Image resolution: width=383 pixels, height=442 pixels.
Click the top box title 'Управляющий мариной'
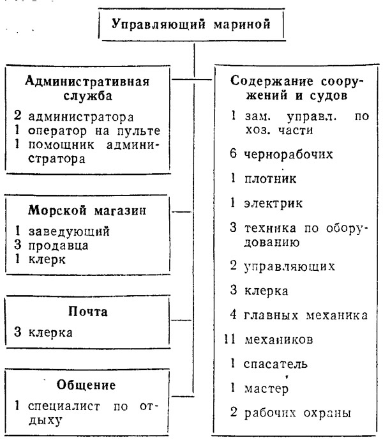(x=191, y=24)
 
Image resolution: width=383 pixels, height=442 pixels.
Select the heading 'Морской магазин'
(x=87, y=210)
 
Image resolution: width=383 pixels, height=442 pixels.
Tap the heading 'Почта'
(x=88, y=312)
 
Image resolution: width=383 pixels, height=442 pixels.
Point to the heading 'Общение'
(x=86, y=385)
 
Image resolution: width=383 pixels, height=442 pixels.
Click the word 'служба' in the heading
(x=88, y=96)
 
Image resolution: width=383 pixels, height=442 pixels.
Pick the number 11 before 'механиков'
(x=230, y=339)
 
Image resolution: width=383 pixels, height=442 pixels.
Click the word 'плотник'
(x=270, y=179)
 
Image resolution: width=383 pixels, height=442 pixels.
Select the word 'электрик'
(x=273, y=203)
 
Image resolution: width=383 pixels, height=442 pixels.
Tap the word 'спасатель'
(x=275, y=363)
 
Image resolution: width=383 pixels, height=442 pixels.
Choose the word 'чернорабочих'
(x=289, y=154)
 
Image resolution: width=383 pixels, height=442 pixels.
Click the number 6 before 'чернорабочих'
(x=233, y=154)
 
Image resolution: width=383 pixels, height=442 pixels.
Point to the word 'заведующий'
(x=69, y=231)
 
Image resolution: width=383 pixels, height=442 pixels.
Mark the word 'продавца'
(x=58, y=245)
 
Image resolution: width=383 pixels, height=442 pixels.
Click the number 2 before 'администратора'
(x=17, y=116)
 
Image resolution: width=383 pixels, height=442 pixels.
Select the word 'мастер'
(x=266, y=388)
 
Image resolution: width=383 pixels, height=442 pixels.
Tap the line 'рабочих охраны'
(x=297, y=413)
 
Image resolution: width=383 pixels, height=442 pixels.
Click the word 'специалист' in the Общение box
(x=64, y=406)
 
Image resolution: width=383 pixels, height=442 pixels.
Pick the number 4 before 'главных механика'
(x=233, y=314)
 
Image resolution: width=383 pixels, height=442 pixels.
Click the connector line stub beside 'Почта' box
(x=181, y=320)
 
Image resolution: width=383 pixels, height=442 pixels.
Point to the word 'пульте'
(x=139, y=131)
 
